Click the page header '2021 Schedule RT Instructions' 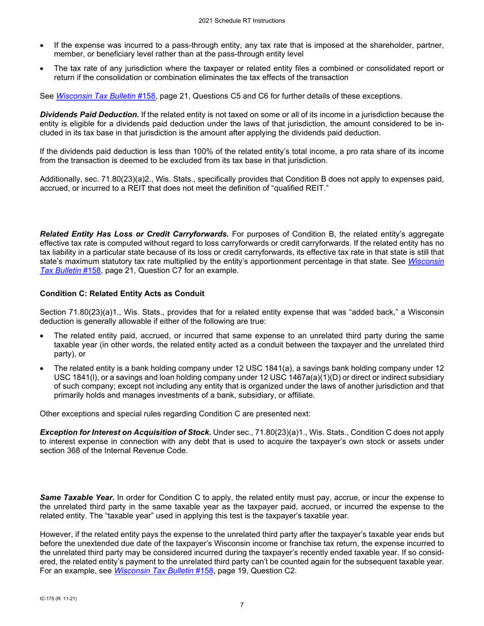pyautogui.click(x=242, y=21)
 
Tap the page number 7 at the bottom pyautogui.click(x=242, y=605)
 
